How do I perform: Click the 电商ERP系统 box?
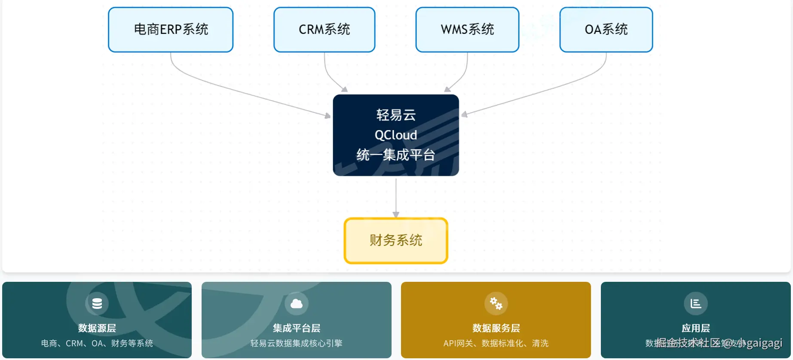(x=171, y=30)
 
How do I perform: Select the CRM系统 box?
(x=324, y=30)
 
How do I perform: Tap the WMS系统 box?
(x=467, y=30)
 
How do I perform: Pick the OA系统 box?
(x=606, y=30)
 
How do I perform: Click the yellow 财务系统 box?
(x=396, y=241)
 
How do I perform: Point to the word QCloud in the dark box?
(x=396, y=135)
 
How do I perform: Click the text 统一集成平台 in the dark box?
(x=396, y=155)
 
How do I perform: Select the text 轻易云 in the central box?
(x=396, y=115)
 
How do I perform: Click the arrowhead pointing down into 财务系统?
(x=396, y=214)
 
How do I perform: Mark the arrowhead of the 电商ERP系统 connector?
(x=328, y=116)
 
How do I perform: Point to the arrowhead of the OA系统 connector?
(x=464, y=115)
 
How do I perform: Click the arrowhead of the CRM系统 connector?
(x=344, y=89)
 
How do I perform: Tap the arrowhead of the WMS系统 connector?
(x=447, y=89)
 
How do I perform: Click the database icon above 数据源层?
(x=97, y=304)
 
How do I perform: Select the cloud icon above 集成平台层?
(x=297, y=304)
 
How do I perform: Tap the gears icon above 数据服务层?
(x=496, y=304)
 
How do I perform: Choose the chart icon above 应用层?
(x=695, y=304)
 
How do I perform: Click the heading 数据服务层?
(x=496, y=329)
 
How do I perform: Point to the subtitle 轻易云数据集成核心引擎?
(x=297, y=343)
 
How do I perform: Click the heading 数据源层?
(x=97, y=329)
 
